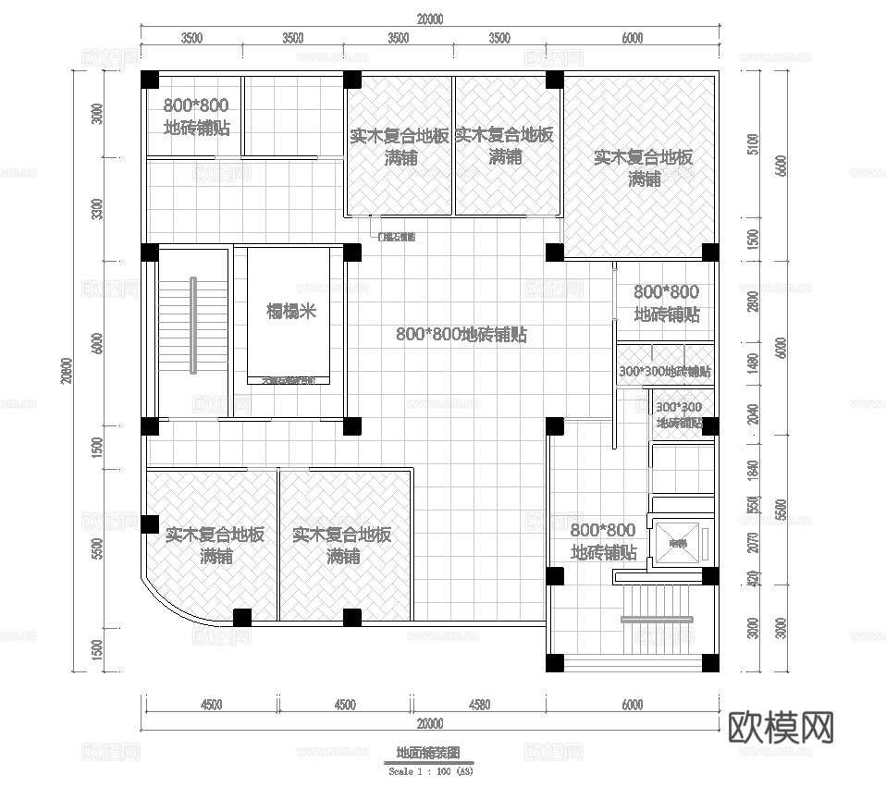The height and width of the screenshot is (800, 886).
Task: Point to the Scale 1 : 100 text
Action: (431, 769)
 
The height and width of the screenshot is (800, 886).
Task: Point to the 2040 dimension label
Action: (754, 413)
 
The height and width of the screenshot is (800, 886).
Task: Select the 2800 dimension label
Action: (754, 302)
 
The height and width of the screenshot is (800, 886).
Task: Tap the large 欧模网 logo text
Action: (782, 728)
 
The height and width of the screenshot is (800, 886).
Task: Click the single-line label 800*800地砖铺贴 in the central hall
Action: (461, 335)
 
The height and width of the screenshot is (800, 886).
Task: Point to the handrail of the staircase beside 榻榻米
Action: (193, 325)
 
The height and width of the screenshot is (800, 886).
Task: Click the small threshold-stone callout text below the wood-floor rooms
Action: (397, 237)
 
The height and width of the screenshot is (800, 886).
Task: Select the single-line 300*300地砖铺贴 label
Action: (664, 372)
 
